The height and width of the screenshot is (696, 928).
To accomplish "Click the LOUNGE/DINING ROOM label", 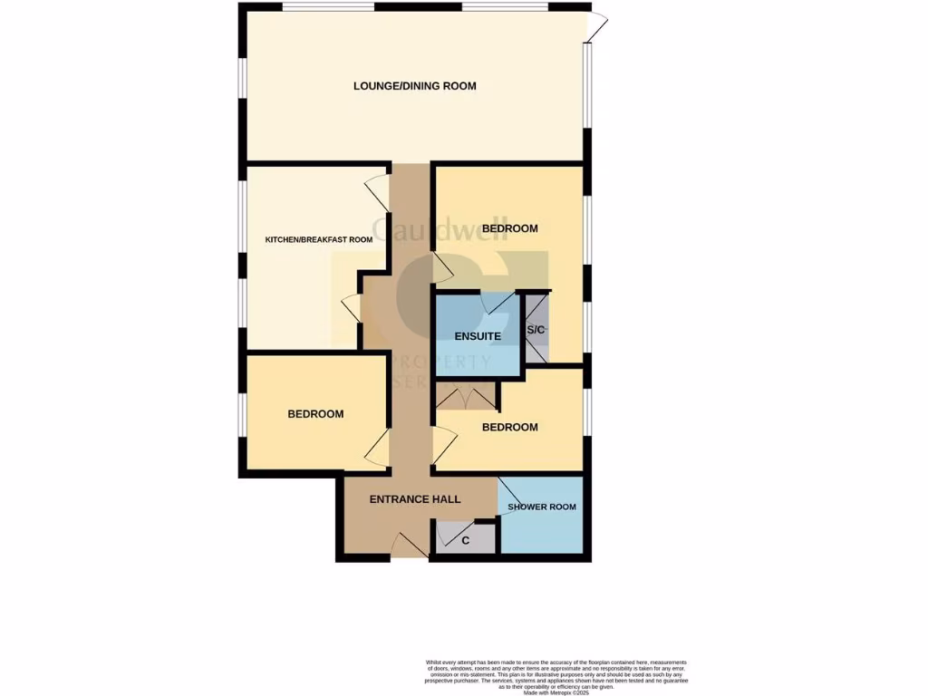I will (x=414, y=86).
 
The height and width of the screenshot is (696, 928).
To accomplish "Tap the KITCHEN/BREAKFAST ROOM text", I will (x=318, y=240).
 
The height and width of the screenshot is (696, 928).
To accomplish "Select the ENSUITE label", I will (x=478, y=336).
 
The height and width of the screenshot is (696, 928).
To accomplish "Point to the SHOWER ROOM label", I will (x=542, y=507).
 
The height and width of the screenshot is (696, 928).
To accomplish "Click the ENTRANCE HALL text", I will (x=415, y=499).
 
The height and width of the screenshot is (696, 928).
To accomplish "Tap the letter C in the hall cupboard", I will (x=466, y=541).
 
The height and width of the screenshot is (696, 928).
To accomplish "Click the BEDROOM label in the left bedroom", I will (x=315, y=414).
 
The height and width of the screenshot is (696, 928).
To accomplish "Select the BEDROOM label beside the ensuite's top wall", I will (x=509, y=228).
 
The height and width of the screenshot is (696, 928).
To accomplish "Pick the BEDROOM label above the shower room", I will (x=509, y=427).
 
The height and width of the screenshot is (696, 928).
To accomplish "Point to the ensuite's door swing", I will (x=498, y=304).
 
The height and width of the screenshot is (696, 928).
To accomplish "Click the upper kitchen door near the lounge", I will (x=378, y=193).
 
